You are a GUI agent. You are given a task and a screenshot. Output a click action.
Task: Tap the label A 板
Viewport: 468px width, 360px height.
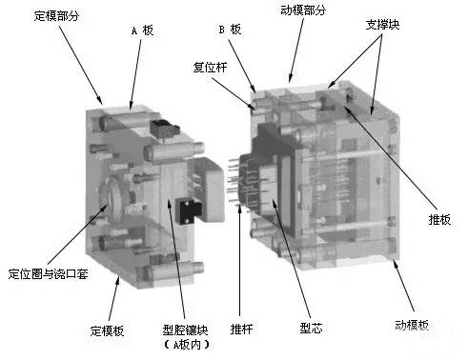point(141,30)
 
